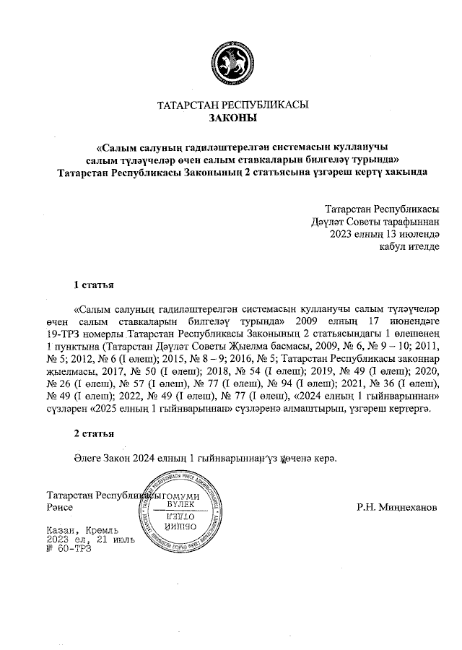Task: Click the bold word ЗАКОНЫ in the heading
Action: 232,118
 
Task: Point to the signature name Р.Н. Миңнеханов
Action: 396,508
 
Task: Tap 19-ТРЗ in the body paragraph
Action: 64,334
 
